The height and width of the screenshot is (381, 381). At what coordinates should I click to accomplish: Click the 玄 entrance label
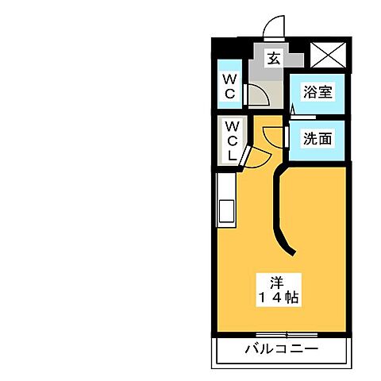tap(273, 58)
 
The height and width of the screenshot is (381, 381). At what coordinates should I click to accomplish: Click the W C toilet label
tap(229, 86)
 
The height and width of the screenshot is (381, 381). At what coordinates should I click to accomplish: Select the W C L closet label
tap(231, 140)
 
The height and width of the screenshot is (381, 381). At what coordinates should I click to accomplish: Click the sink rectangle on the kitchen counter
tap(225, 213)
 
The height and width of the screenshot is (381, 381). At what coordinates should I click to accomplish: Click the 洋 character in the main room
tap(276, 281)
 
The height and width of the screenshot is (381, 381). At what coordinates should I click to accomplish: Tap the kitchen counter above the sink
tap(225, 187)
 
